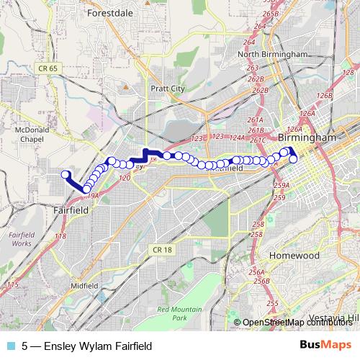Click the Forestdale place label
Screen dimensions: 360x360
pos(111,13)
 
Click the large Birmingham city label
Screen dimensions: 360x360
pos(307,137)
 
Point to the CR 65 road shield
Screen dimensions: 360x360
pos(44,67)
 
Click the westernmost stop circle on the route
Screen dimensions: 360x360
pos(66,174)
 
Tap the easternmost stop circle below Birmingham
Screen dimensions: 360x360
pos(294,158)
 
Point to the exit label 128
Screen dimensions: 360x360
pos(347,73)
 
